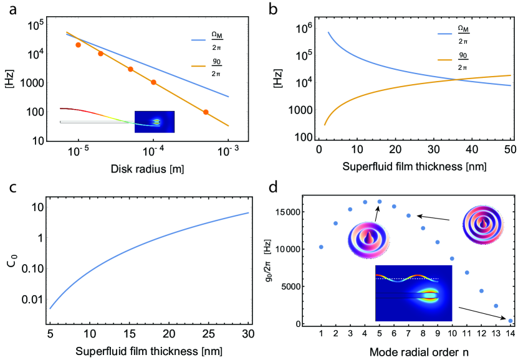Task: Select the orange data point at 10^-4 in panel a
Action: [153, 82]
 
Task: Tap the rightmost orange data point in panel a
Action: [206, 112]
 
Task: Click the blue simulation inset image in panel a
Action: [155, 121]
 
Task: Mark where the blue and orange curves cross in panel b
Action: [456, 79]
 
